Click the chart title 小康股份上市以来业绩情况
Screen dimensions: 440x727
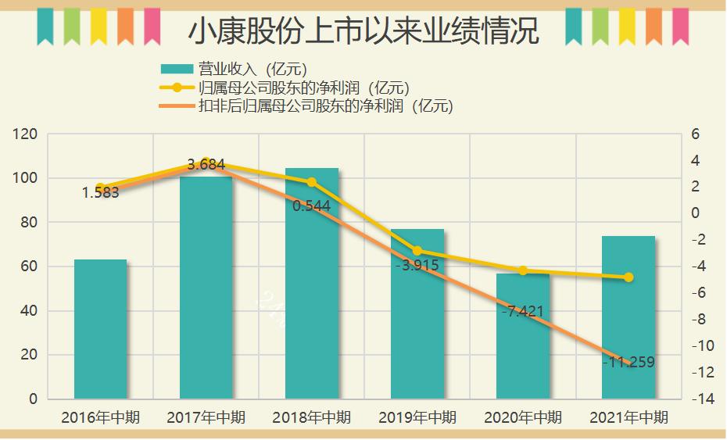[x=363, y=30]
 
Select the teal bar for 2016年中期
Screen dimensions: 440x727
[x=100, y=328]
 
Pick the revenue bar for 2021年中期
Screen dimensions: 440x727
[x=629, y=317]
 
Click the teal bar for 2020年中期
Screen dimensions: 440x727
[x=523, y=336]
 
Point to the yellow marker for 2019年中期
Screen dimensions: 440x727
[x=417, y=251]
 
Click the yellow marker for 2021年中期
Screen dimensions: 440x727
[x=629, y=277]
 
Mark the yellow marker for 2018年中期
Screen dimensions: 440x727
[x=312, y=182]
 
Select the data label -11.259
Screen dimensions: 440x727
[x=629, y=363]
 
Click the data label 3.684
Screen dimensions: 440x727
[x=206, y=165]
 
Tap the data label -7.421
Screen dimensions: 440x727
[x=523, y=312]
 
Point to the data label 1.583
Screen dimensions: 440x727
[x=100, y=193]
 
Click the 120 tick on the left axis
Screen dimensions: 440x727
[x=27, y=134]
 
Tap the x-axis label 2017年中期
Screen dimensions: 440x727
[x=206, y=418]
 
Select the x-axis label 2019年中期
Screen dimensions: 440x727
[x=417, y=418]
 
